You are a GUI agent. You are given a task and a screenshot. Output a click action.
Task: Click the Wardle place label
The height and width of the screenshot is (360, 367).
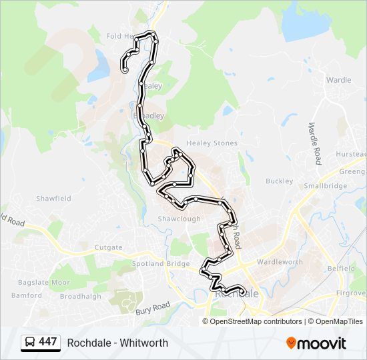click(338, 80)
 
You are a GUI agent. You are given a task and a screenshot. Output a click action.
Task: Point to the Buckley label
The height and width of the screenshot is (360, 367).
click(279, 181)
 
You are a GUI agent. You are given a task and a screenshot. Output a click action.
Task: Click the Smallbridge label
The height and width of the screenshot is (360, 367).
click(325, 186)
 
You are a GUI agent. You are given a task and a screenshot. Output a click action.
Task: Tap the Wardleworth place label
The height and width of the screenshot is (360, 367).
click(280, 262)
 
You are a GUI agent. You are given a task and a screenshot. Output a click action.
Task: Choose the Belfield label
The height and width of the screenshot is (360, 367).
click(341, 267)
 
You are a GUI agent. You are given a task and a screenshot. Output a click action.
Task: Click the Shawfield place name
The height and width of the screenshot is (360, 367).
click(53, 199)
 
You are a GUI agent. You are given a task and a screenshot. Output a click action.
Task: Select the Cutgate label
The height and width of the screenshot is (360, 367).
click(108, 247)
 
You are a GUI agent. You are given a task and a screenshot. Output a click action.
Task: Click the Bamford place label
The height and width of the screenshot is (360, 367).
click(26, 295)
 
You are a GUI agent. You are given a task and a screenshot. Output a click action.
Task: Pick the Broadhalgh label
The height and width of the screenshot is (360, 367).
click(81, 296)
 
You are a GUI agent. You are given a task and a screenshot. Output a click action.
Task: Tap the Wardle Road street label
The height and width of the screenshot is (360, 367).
click(314, 143)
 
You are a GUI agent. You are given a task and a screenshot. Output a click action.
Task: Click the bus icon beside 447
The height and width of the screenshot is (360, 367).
click(29, 343)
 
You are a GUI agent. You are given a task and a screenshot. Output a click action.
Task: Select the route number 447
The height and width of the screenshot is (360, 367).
click(48, 342)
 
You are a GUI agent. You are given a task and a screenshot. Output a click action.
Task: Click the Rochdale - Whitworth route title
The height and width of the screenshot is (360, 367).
click(117, 343)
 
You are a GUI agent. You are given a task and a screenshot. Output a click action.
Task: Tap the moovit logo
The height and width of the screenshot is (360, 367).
click(316, 343)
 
